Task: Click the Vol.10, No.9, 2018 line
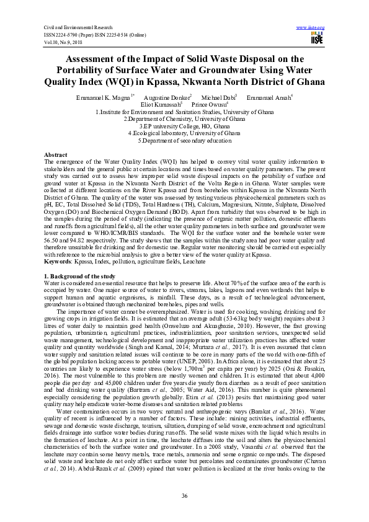(63, 41)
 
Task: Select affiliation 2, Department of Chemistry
(184, 118)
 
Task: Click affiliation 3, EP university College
(184, 126)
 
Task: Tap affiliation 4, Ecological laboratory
(184, 133)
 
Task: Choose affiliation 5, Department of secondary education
(184, 140)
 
